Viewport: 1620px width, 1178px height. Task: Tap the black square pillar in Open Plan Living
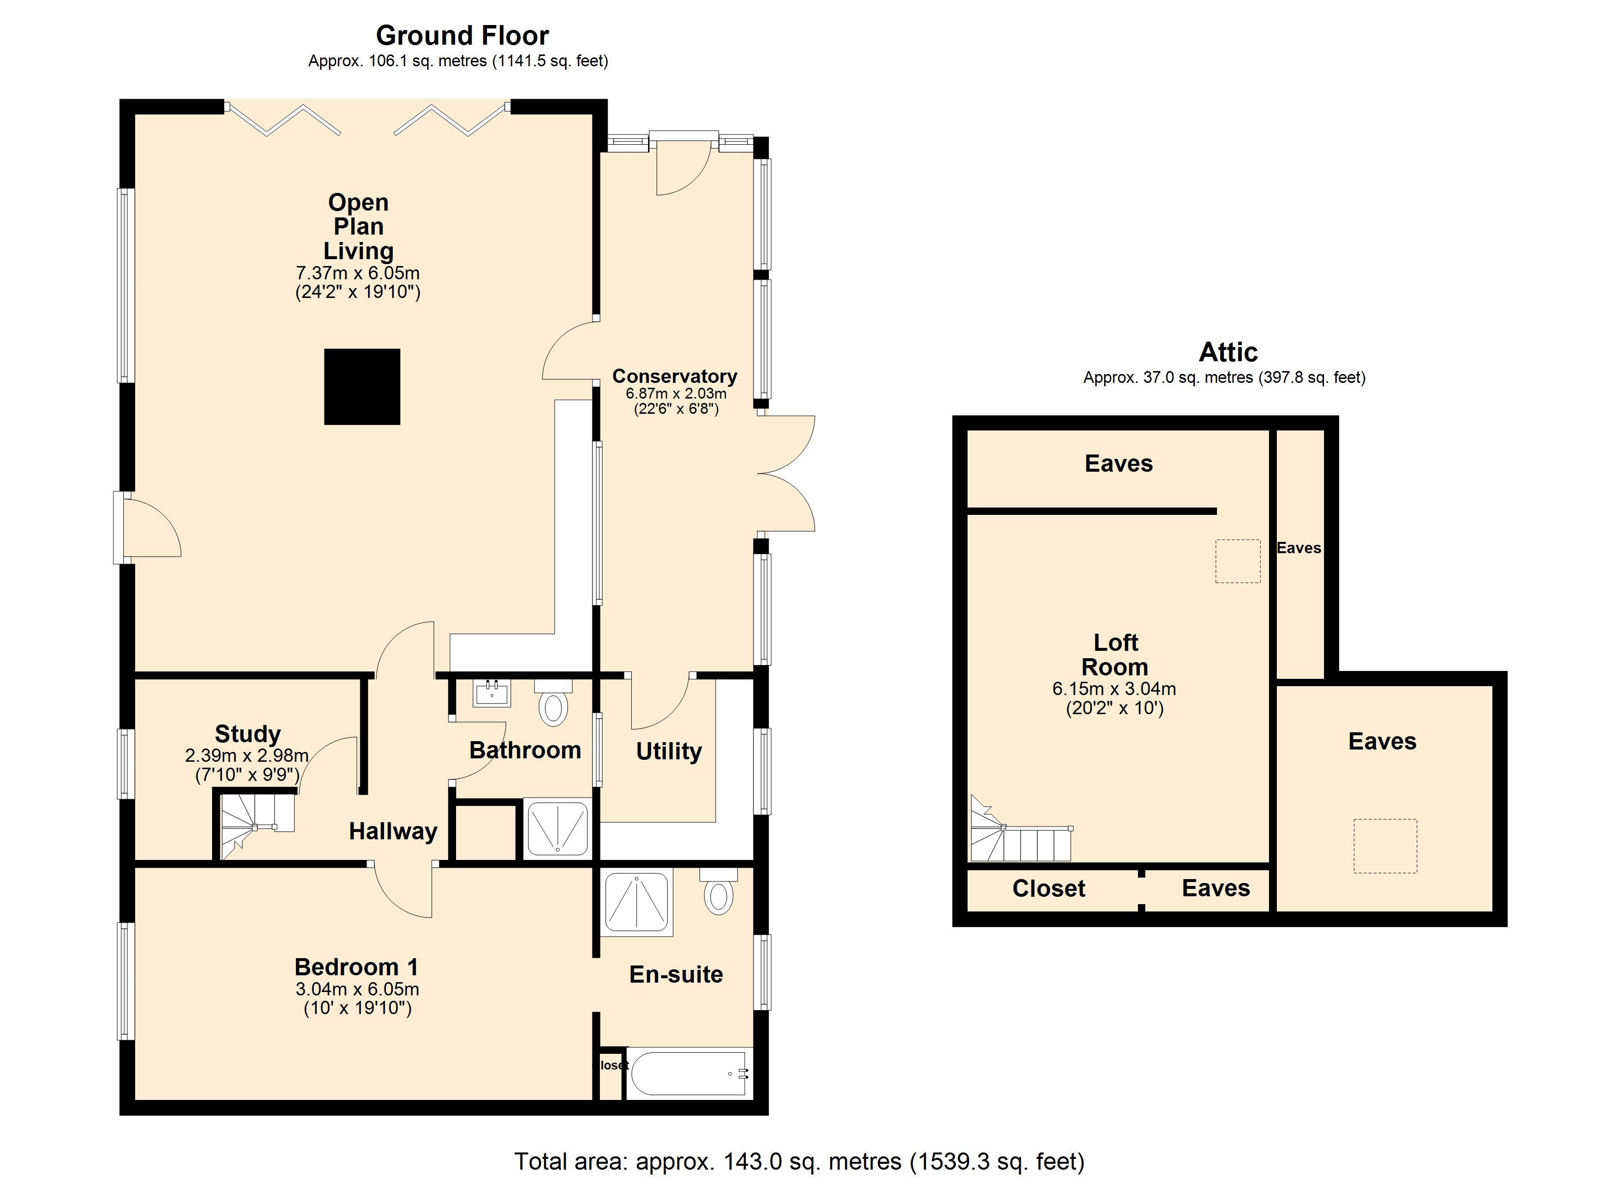362,386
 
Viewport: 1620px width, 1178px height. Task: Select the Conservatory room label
675,376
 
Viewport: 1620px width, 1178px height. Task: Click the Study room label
248,734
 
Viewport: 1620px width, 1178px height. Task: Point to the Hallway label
393,831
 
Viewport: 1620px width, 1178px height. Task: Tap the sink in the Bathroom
492,693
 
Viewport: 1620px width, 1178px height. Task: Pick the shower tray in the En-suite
636,902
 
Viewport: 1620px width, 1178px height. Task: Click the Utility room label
669,751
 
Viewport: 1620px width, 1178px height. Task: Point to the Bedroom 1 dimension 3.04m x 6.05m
357,990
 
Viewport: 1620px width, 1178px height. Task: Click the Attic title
1228,352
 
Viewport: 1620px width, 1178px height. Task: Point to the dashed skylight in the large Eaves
1385,847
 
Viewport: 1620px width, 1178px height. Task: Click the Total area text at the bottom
799,1162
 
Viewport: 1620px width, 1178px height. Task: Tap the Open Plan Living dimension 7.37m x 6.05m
358,273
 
